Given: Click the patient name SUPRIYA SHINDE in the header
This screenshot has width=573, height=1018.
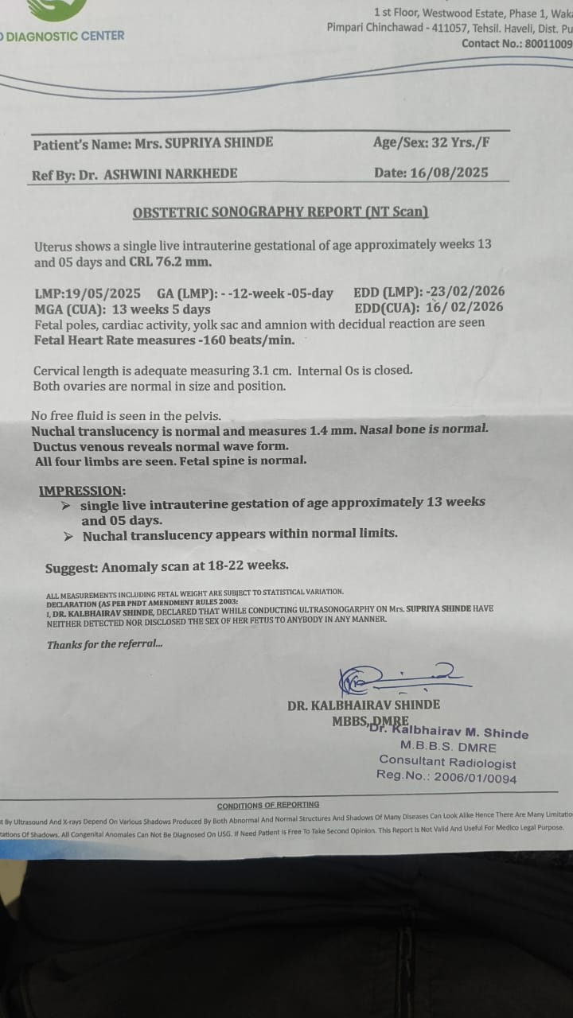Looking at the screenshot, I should [x=218, y=143].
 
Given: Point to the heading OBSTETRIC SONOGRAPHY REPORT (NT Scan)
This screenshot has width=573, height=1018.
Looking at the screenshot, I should [x=280, y=212].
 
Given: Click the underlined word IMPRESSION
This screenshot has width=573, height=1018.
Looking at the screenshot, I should [x=82, y=491].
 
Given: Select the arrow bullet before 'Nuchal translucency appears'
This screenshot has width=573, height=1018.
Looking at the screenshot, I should [x=69, y=536].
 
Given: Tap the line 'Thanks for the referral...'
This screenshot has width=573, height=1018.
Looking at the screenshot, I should [x=104, y=644].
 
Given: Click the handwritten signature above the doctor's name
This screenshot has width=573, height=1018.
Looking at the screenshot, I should [x=402, y=678].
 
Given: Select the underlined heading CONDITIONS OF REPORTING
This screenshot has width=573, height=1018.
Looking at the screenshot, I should [x=268, y=805].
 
